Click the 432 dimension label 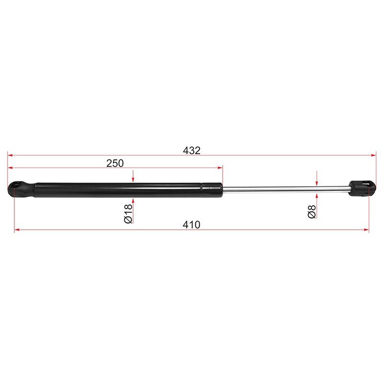(192, 150)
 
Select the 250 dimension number (115, 163)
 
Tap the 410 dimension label (191, 225)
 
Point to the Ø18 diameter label (128, 214)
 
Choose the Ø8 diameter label (312, 212)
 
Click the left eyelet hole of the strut (17, 185)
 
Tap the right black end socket (362, 188)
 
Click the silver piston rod (286, 189)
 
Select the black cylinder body (129, 190)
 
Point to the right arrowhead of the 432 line (373, 155)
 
